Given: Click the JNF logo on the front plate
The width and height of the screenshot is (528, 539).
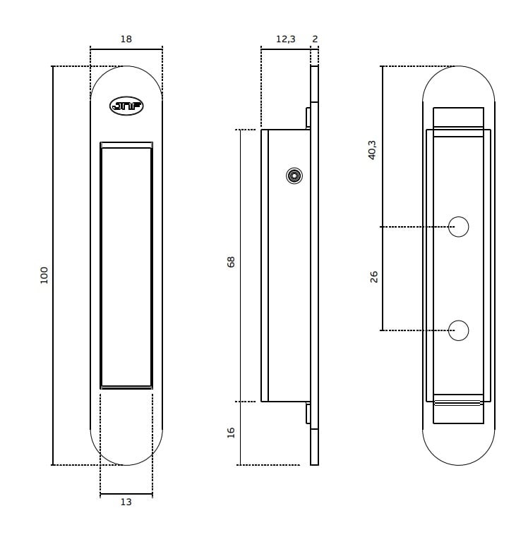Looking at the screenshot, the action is [x=126, y=106].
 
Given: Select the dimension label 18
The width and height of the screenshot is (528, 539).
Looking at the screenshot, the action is [x=126, y=39].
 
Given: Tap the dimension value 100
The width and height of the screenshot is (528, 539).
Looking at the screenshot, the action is [x=44, y=275].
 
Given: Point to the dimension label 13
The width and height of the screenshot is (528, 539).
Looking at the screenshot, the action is [x=126, y=502].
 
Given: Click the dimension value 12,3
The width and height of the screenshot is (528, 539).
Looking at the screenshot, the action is [x=285, y=39].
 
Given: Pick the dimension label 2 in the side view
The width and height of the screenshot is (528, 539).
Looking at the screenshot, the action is [x=315, y=39].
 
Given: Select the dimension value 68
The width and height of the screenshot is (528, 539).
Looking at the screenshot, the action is [x=231, y=262].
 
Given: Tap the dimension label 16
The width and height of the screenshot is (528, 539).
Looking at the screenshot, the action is [x=231, y=433].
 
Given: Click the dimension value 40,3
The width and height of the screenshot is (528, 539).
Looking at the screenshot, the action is [x=372, y=150].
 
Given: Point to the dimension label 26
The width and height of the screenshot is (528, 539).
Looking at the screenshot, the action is [x=373, y=277].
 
